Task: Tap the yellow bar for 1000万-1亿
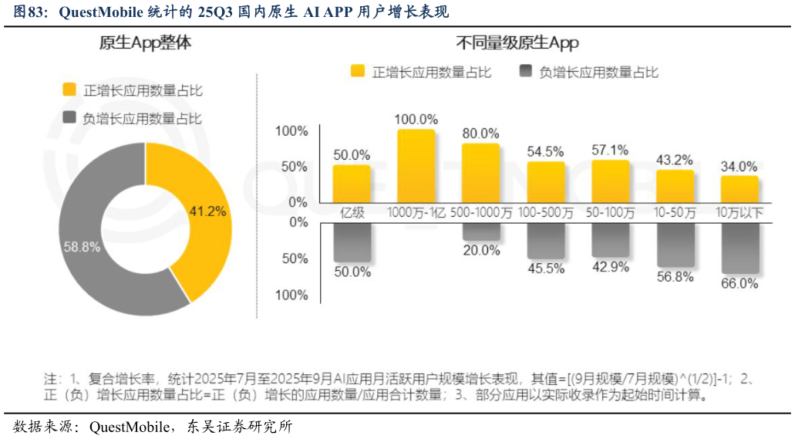pyautogui.click(x=416, y=165)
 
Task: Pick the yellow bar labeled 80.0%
pyautogui.click(x=480, y=173)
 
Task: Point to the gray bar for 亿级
pyautogui.click(x=352, y=241)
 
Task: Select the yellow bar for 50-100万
pyautogui.click(x=610, y=181)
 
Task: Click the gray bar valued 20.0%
pyautogui.click(x=480, y=231)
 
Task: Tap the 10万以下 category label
pyautogui.click(x=739, y=212)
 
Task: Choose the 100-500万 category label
pyautogui.click(x=545, y=212)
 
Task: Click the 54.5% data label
pyautogui.click(x=545, y=151)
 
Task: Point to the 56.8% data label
pyautogui.click(x=675, y=277)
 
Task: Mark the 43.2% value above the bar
pyautogui.click(x=675, y=160)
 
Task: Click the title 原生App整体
pyautogui.click(x=145, y=44)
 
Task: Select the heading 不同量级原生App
pyautogui.click(x=517, y=42)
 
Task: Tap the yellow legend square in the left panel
pyautogui.click(x=69, y=89)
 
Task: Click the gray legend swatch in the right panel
pyautogui.click(x=526, y=72)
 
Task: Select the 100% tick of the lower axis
pyautogui.click(x=291, y=295)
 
